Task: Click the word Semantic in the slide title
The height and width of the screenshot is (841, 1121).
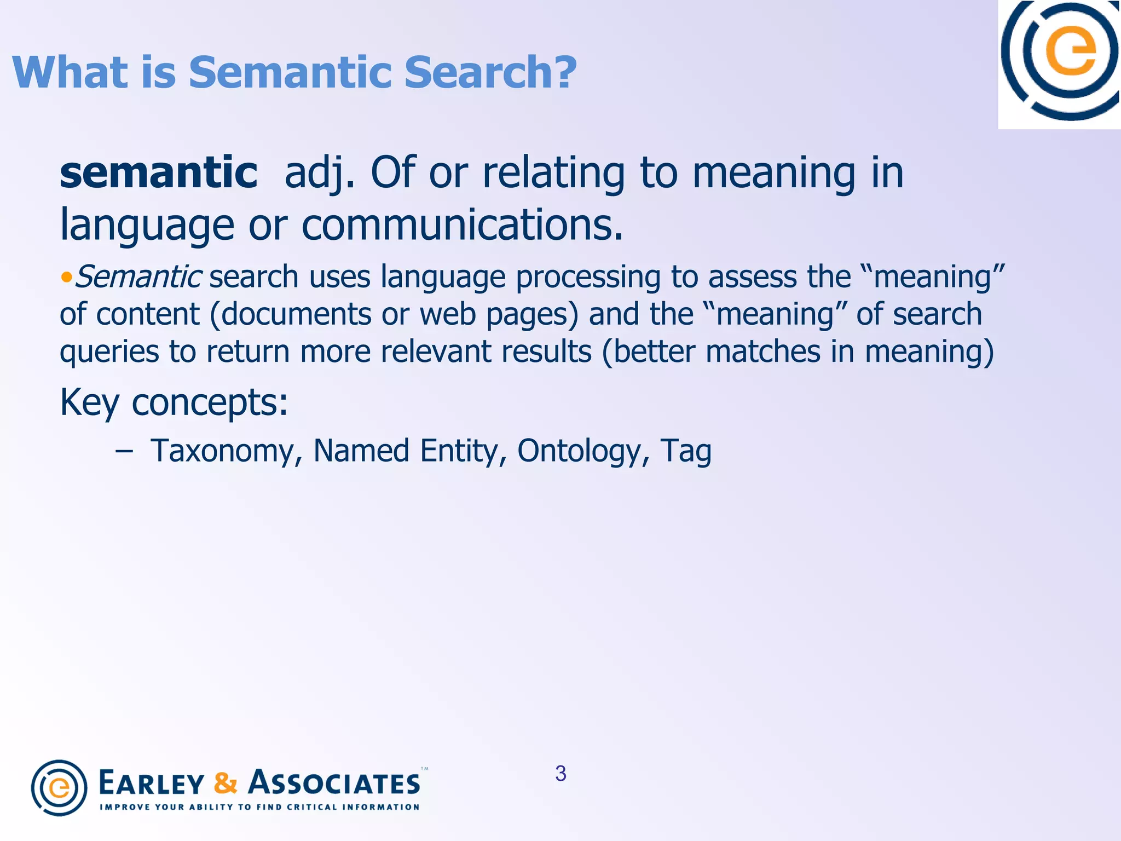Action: pyautogui.click(x=290, y=72)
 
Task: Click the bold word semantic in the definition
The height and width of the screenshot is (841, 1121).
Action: pyautogui.click(x=158, y=173)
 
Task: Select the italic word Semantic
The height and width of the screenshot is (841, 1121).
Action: pyautogui.click(x=138, y=277)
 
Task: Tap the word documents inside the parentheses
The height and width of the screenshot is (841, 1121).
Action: pyautogui.click(x=296, y=314)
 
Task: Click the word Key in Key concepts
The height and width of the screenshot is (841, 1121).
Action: pyautogui.click(x=89, y=403)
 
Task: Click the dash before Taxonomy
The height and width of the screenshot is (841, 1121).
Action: pyautogui.click(x=124, y=451)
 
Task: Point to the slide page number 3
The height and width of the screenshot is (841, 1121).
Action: pyautogui.click(x=560, y=773)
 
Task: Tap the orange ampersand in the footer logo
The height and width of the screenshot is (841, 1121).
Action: pyautogui.click(x=226, y=783)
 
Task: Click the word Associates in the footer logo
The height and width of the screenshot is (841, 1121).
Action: pyautogui.click(x=334, y=783)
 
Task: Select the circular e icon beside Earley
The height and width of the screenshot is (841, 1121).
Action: pyautogui.click(x=59, y=787)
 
